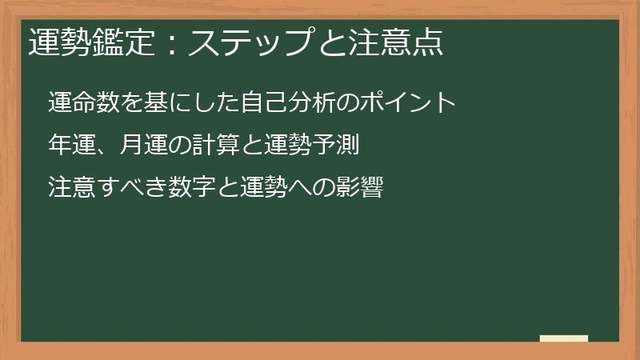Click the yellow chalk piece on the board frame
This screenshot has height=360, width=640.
pyautogui.click(x=564, y=338)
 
